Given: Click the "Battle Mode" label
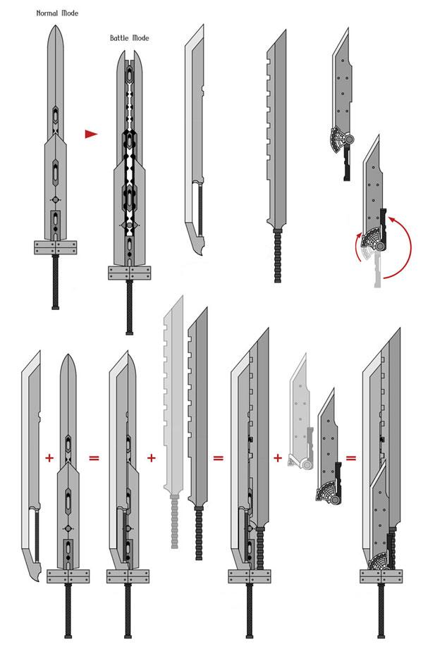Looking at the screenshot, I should tap(129, 38).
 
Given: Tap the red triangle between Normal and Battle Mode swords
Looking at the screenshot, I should tap(90, 134).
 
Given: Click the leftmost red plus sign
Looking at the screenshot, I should tap(49, 458).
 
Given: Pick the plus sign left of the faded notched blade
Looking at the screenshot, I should tap(151, 458).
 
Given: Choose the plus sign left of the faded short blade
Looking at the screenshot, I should tap(278, 458).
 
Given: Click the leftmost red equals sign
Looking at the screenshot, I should tap(93, 458).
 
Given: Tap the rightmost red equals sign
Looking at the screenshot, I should tap(350, 458).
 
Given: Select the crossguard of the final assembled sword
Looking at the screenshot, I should tap(385, 576).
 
